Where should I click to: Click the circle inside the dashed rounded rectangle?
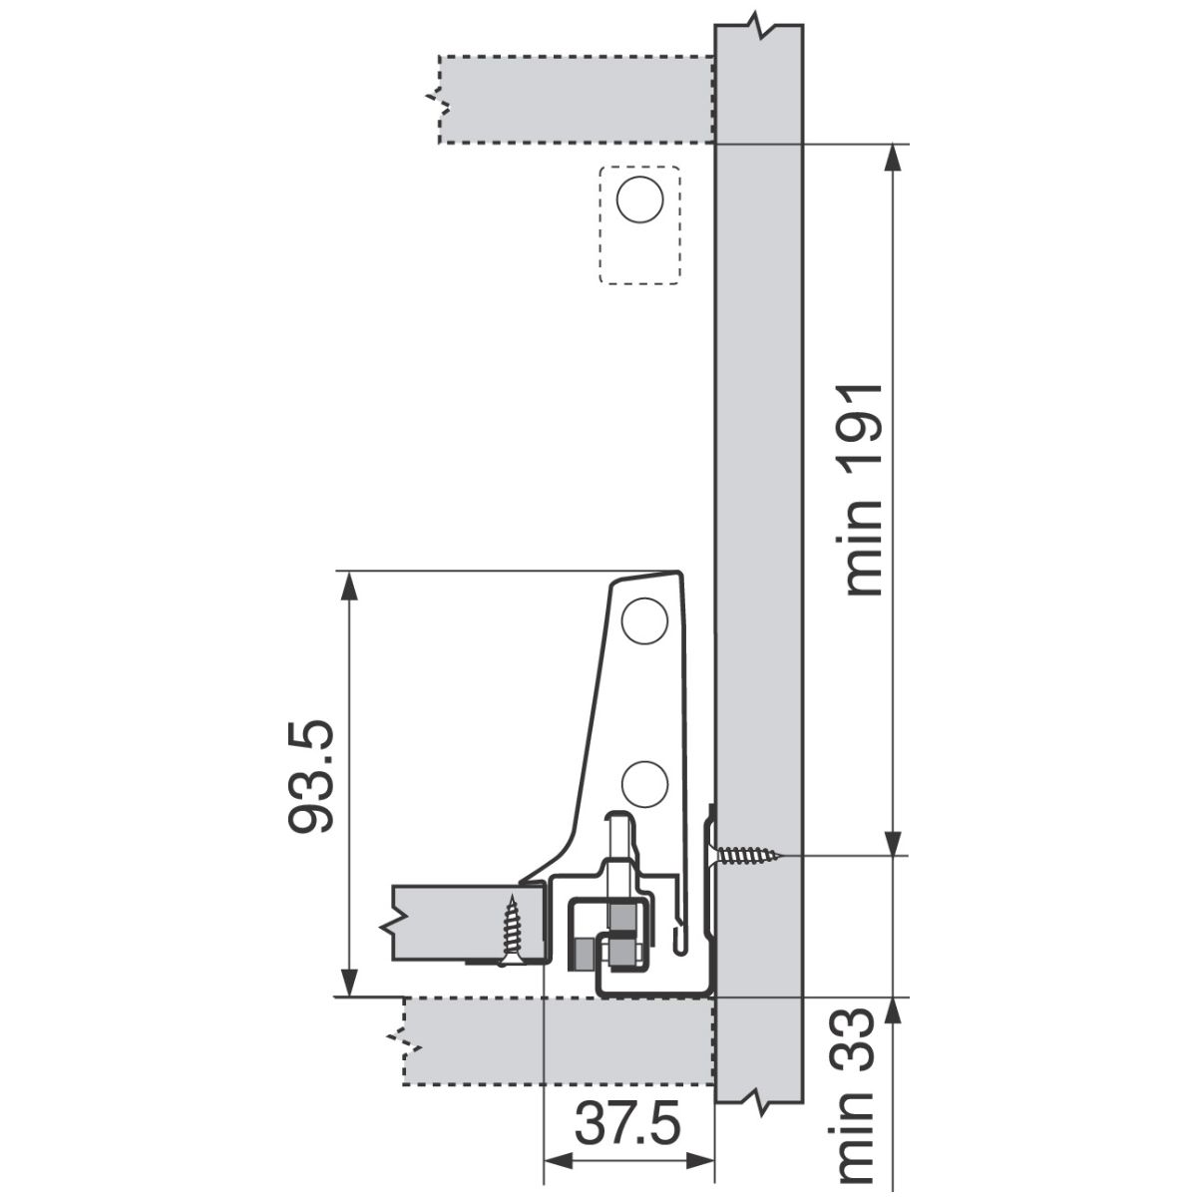pos(639,199)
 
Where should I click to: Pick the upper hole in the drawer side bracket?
pos(644,620)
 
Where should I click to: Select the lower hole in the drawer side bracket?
pos(644,785)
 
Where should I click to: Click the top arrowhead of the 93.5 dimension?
pos(350,586)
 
